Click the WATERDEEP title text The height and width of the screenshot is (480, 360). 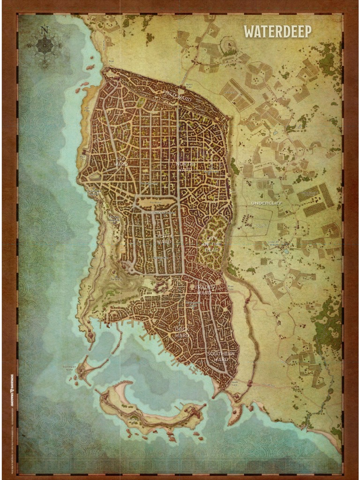tap(277, 31)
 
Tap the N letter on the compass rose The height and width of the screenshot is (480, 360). tap(45, 30)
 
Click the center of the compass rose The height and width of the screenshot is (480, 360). tap(45, 46)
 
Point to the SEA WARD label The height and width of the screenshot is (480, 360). tap(121, 162)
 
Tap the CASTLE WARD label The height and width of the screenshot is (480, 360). tap(164, 240)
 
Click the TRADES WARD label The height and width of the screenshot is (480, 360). tap(202, 290)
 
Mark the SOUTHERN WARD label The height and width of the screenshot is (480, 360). tap(218, 356)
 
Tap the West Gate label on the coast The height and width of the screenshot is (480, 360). tap(83, 157)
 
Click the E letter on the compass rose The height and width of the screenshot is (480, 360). tap(61, 46)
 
